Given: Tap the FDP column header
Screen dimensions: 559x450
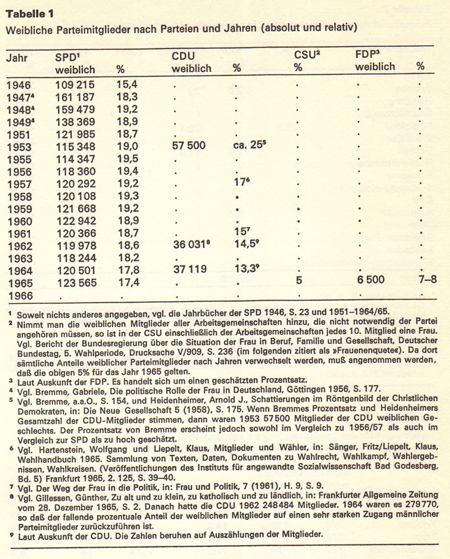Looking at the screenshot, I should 368,55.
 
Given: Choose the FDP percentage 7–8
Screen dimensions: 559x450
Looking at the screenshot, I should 421,281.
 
